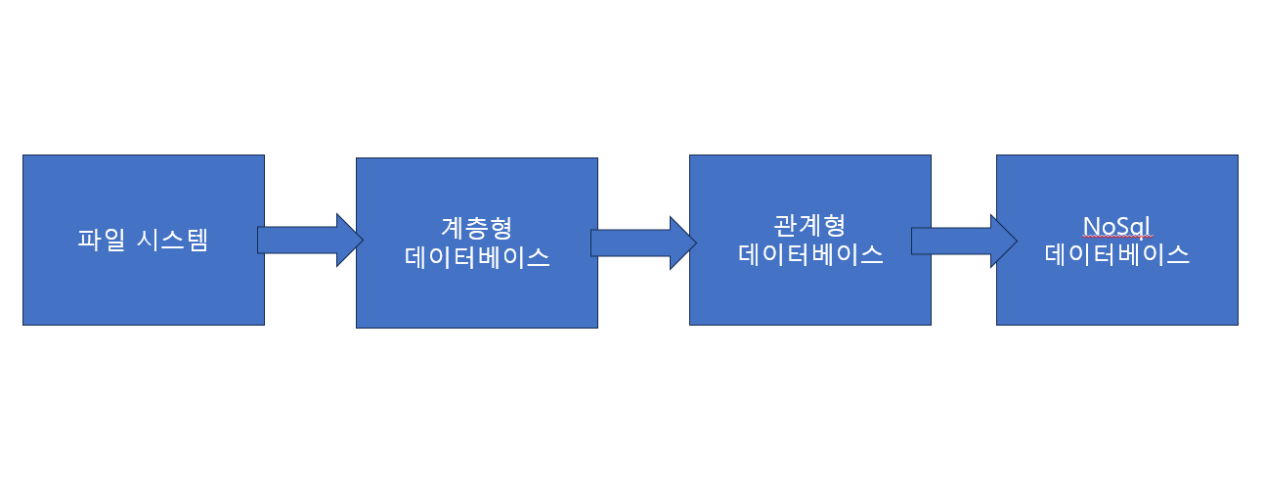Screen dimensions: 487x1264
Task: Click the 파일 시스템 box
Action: click(143, 284)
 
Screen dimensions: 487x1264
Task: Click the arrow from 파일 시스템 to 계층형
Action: click(303, 240)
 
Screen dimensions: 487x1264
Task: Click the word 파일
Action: click(98, 241)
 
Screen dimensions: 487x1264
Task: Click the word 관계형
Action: click(809, 227)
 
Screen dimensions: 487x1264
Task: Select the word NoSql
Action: click(1117, 226)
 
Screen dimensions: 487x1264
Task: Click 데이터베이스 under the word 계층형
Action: click(476, 257)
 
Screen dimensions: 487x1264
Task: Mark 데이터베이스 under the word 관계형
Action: click(810, 255)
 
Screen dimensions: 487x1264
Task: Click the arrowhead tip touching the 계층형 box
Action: click(361, 240)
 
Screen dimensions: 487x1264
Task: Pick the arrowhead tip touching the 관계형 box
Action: click(694, 243)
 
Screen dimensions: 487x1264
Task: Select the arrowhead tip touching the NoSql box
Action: click(1016, 242)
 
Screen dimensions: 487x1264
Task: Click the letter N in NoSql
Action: click(1091, 226)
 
